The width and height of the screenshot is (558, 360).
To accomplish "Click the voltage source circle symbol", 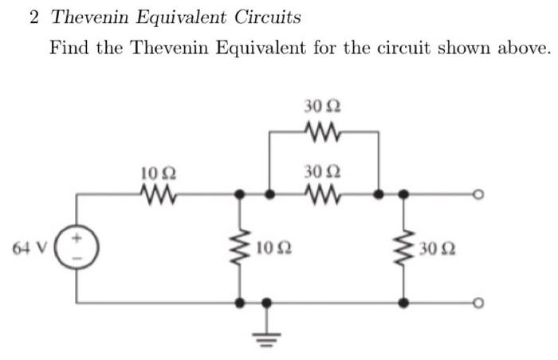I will coord(77,246).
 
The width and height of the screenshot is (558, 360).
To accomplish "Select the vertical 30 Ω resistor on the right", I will coord(405,248).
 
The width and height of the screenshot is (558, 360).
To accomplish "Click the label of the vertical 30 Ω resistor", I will coord(437,251).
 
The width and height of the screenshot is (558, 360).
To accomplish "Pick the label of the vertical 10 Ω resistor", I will coord(271,251).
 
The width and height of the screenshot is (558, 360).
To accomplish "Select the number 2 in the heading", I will coord(33,17).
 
